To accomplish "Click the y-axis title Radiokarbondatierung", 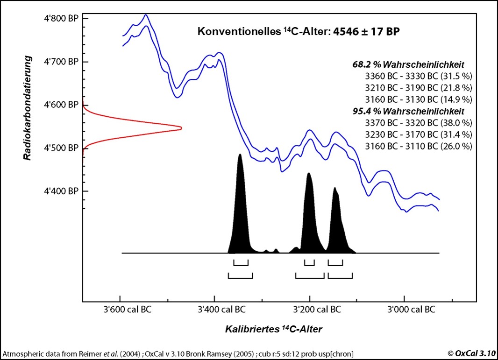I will (x=28, y=107).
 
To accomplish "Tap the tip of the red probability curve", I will (x=180, y=128).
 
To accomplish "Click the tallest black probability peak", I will (x=240, y=156).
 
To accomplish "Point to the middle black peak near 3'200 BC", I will (x=308, y=175).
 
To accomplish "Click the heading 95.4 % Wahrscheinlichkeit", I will (x=407, y=112).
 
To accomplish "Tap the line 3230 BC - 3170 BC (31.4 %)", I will (x=419, y=134).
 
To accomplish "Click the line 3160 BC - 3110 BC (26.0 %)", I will (x=419, y=146).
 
